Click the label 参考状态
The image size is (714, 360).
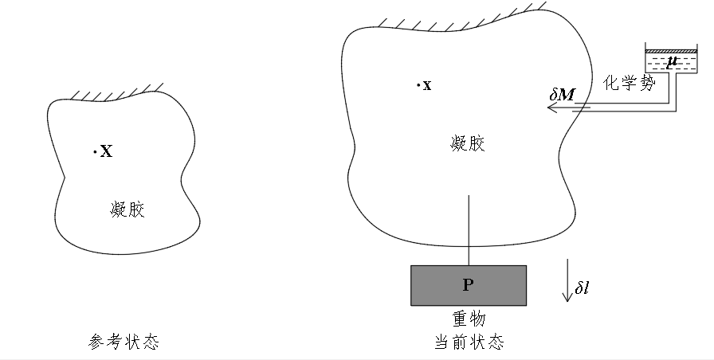tap(123, 342)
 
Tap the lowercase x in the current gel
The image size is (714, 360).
tap(427, 86)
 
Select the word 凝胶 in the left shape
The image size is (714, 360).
tap(128, 209)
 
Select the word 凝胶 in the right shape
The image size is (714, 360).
tap(468, 143)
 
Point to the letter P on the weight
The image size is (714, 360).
tap(469, 285)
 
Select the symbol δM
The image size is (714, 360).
tap(563, 95)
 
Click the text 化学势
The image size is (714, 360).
tap(629, 83)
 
